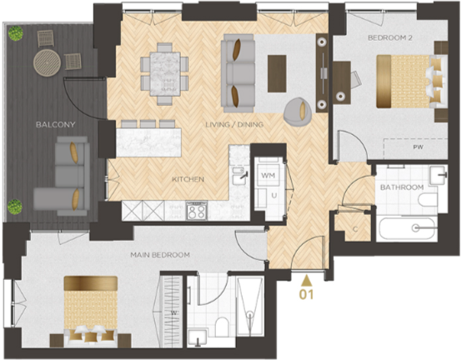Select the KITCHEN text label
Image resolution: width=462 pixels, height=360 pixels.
pyautogui.click(x=188, y=179)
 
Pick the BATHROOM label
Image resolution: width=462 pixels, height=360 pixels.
pyautogui.click(x=403, y=187)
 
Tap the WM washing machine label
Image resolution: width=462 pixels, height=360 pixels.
pyautogui.click(x=268, y=177)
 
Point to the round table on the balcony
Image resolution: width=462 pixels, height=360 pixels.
pyautogui.click(x=47, y=62)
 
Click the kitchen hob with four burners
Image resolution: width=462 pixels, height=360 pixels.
pyautogui.click(x=196, y=212)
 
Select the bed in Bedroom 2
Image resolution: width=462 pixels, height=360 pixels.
pyautogui.click(x=406, y=81)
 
